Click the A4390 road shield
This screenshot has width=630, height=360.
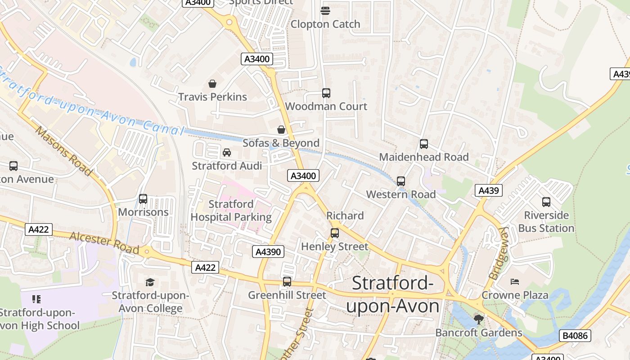point(268,252)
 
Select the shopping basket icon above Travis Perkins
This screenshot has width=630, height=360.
point(212,84)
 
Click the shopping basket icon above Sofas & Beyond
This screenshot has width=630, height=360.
point(281,130)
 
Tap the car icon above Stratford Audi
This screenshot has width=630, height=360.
point(227,153)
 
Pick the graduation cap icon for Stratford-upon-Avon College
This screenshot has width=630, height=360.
point(150,282)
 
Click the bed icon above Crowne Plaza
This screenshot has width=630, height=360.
point(515,282)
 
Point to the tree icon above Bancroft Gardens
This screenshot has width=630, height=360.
point(478,319)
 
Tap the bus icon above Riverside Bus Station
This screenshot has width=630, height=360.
point(546,202)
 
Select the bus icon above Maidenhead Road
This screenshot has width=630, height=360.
point(423,144)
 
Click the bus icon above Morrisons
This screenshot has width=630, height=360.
point(143,198)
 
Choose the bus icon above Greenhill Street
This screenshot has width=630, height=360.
point(287,282)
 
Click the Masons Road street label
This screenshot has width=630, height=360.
point(63,151)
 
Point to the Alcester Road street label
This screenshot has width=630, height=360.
point(104,243)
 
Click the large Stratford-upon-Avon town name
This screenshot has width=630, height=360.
point(392,295)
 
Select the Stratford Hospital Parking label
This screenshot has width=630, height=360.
point(231,211)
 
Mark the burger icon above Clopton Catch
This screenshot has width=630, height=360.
point(325,10)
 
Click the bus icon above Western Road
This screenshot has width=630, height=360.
point(400,181)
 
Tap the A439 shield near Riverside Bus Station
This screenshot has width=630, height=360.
point(488,190)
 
